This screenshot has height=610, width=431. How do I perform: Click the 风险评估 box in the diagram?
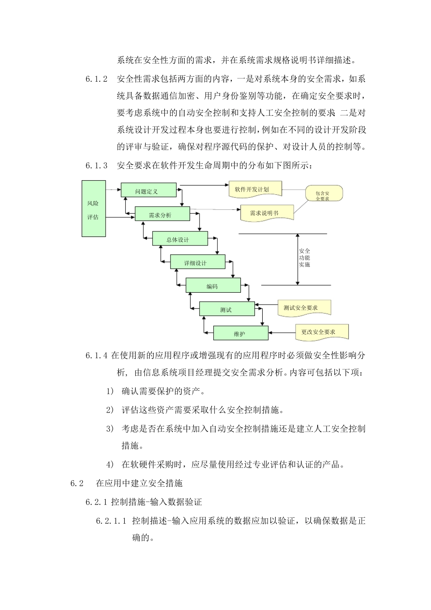coord(93,209)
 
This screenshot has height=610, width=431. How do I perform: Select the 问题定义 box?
coord(148,191)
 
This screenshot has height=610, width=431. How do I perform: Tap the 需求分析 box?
coord(162,214)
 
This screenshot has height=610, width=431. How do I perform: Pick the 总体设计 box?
coord(180,239)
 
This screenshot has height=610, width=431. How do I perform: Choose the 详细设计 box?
coord(197,262)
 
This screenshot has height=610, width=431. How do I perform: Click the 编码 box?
coord(213,286)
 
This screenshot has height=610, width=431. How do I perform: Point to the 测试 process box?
coord(227,310)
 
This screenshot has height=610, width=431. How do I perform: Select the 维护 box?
coord(240,334)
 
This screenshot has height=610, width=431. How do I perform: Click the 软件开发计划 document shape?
coord(255,189)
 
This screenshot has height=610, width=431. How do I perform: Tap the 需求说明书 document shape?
coord(267,212)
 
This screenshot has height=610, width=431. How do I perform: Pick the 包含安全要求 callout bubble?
coord(323,195)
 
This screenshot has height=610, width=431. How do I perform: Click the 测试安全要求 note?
coord(304,308)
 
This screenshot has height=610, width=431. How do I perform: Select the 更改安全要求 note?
coord(321,332)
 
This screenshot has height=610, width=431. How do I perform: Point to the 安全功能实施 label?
coord(304,258)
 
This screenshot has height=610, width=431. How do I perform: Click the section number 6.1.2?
coord(96,79)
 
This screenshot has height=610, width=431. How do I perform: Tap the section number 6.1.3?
coord(96,166)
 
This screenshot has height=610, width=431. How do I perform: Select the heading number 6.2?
coord(77,483)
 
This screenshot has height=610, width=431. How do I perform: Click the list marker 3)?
coord(110,428)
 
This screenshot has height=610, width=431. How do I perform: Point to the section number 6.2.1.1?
coord(111,521)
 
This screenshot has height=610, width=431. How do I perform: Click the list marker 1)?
coord(110,391)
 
